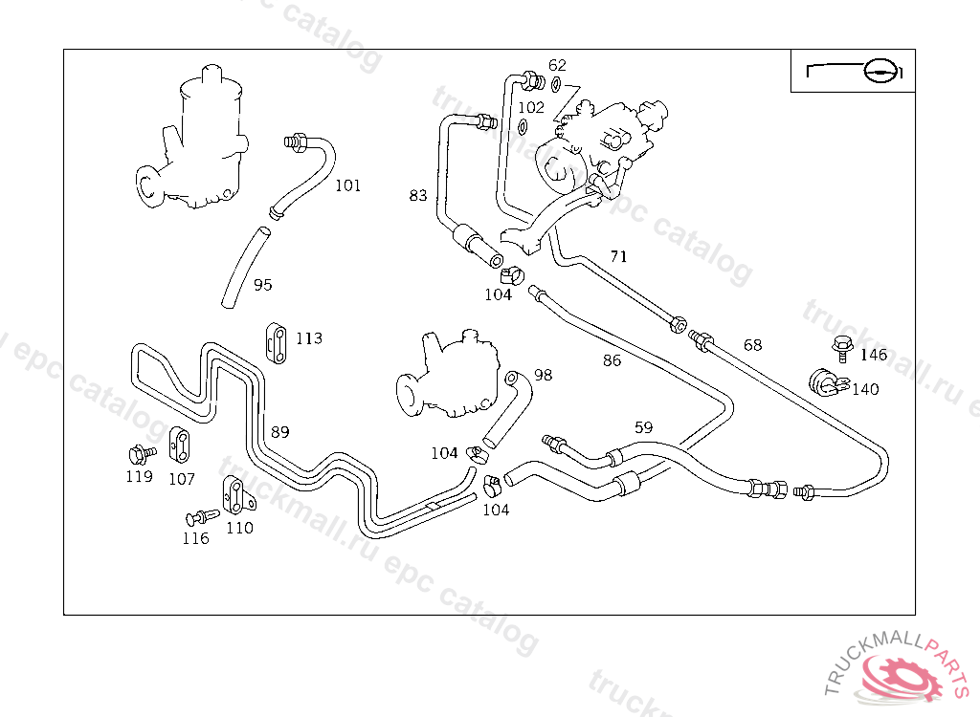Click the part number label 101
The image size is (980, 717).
(x=347, y=185)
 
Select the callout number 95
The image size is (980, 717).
(x=262, y=284)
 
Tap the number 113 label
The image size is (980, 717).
(x=308, y=338)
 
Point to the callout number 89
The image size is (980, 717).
(x=279, y=432)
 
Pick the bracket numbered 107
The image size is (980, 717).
(x=179, y=444)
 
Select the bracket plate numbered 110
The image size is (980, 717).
(x=234, y=493)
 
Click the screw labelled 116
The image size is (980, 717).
(x=201, y=517)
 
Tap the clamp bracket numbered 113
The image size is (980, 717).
(x=276, y=342)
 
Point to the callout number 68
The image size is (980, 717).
(x=753, y=345)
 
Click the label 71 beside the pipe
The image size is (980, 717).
(x=619, y=256)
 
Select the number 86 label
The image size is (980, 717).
(x=612, y=360)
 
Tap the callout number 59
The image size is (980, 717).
(x=643, y=427)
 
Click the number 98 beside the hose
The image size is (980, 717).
(x=543, y=375)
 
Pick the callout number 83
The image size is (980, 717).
(x=417, y=196)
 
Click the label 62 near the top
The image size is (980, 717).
(x=557, y=65)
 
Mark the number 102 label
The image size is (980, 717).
(x=530, y=107)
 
